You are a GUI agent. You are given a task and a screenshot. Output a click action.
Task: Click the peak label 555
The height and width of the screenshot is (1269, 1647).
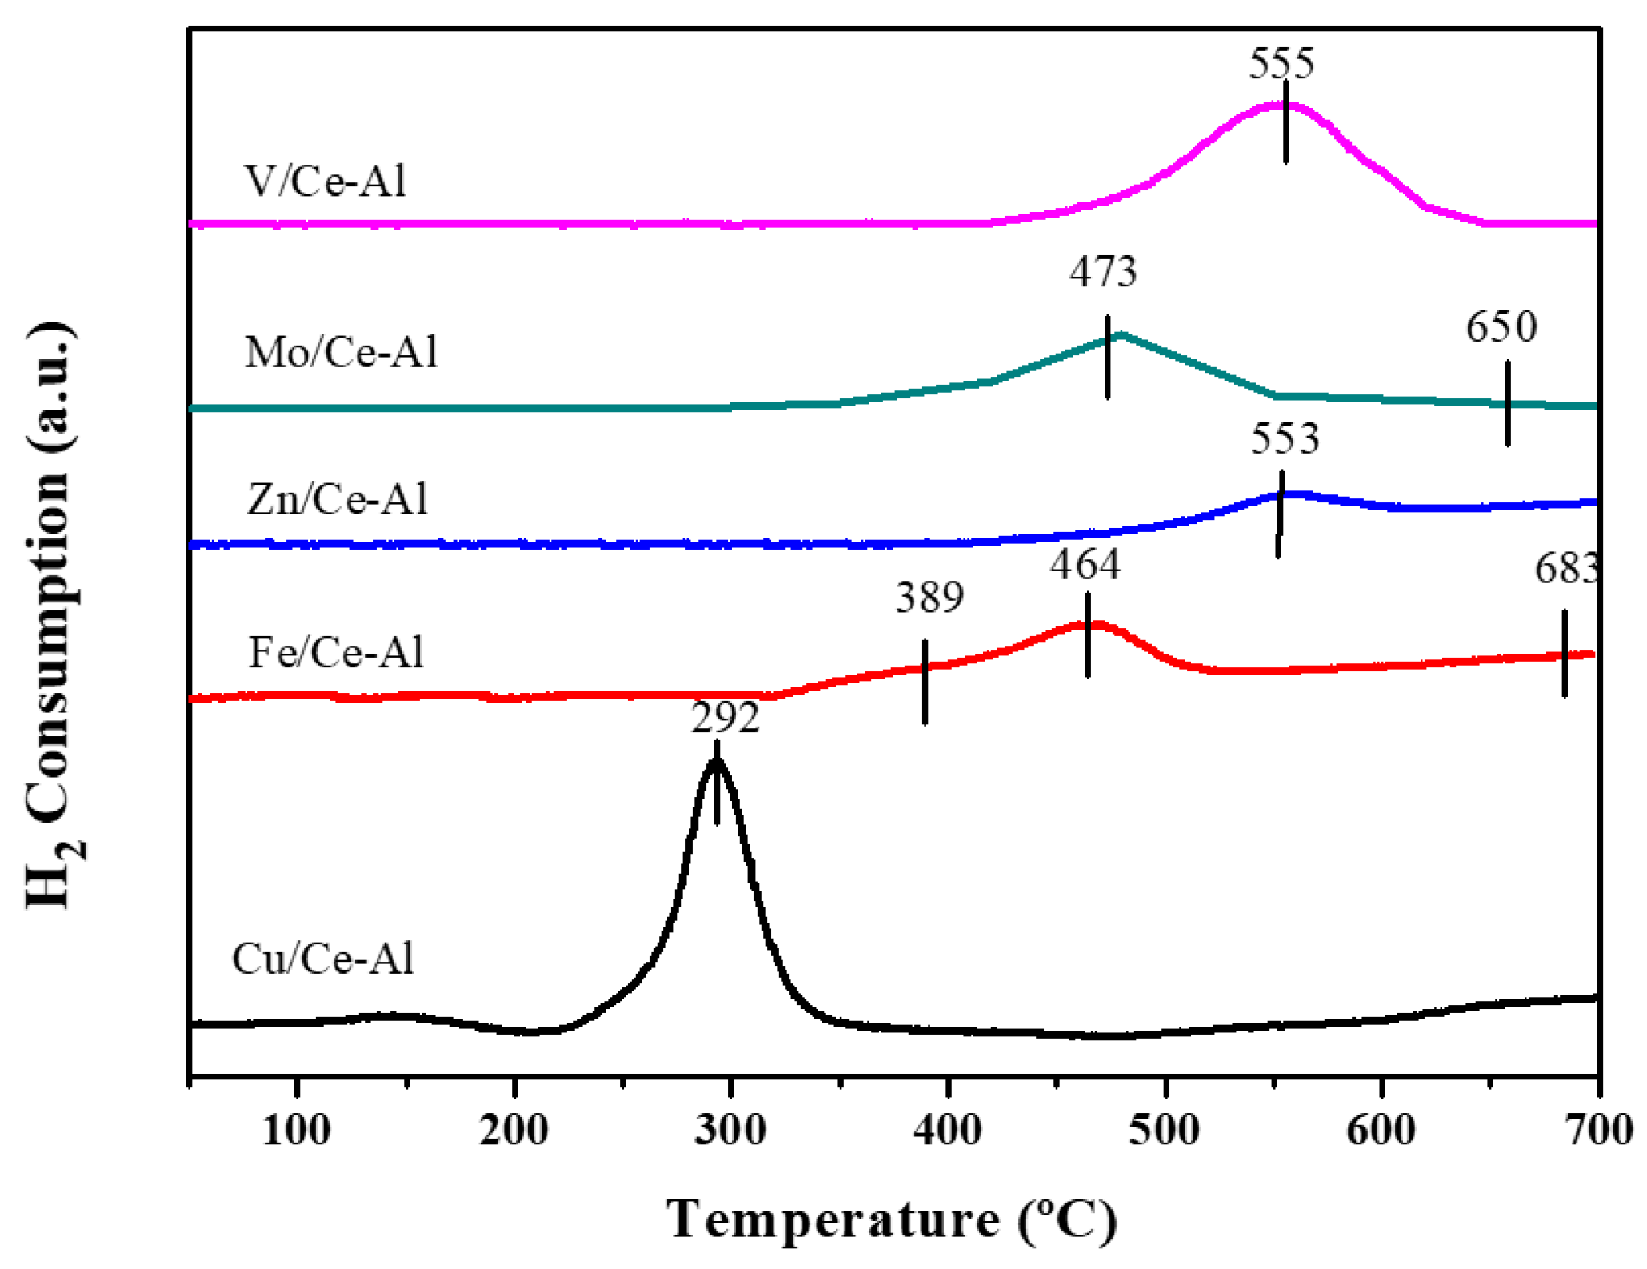click(x=1281, y=63)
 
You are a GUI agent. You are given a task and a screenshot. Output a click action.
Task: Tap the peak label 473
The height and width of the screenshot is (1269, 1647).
click(x=1103, y=272)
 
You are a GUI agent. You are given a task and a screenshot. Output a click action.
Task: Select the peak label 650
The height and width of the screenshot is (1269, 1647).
click(x=1501, y=326)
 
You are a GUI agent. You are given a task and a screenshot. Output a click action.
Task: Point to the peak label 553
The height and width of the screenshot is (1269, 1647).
click(x=1285, y=438)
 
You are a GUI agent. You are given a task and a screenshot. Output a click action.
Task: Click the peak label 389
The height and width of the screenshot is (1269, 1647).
click(x=929, y=598)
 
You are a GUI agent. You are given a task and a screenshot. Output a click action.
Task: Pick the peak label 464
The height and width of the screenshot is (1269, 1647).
click(x=1085, y=565)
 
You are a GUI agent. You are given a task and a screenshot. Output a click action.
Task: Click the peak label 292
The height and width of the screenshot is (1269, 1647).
click(x=725, y=718)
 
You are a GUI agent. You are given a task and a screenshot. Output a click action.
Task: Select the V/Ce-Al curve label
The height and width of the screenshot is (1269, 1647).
click(x=326, y=182)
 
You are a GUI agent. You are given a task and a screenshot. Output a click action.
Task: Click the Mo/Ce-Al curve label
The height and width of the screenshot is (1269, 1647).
click(x=342, y=352)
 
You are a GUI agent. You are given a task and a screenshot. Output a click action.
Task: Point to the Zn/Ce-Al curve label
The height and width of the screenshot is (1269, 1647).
click(x=338, y=499)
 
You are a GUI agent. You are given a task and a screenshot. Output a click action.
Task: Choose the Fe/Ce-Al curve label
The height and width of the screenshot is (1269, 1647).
click(x=336, y=652)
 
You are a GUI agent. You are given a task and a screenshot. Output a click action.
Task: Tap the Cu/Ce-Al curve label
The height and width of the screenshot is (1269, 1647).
click(x=323, y=959)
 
